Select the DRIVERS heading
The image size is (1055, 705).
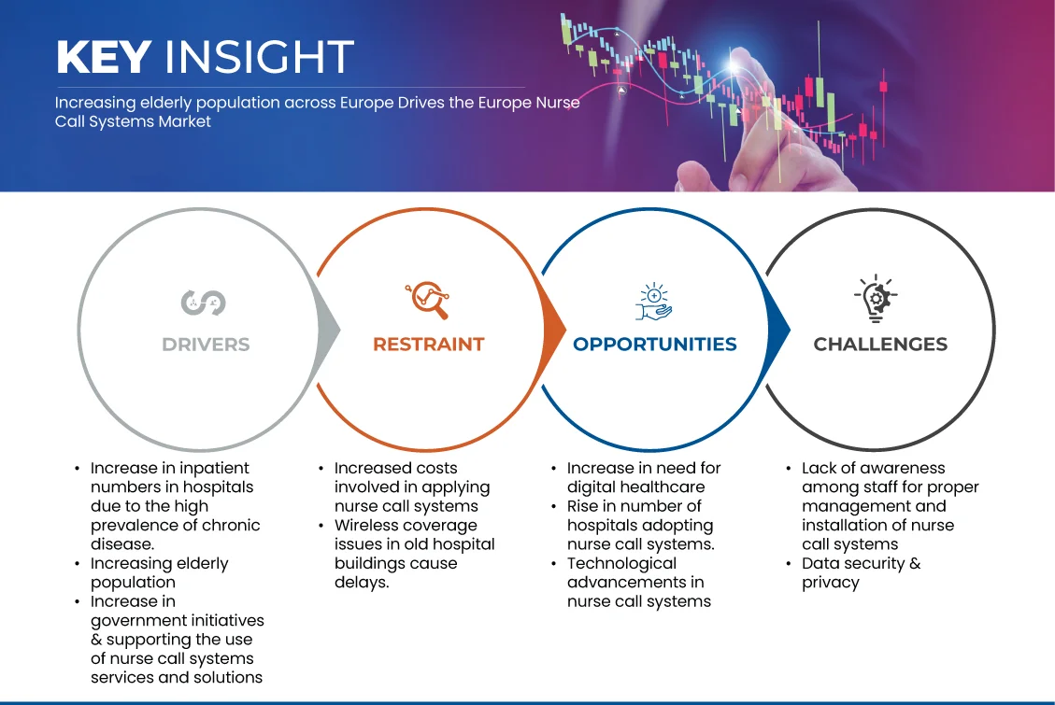[206, 345]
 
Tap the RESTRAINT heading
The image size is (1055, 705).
[429, 345]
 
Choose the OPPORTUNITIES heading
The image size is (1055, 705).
[655, 345]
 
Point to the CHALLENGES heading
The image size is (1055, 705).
[880, 345]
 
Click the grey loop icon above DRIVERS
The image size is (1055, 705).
[203, 303]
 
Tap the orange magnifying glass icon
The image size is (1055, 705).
[427, 300]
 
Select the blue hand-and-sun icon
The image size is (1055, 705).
[654, 302]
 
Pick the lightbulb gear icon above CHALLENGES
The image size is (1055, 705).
[876, 298]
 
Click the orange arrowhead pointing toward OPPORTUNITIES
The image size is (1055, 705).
[554, 330]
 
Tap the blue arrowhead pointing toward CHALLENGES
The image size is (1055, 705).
[778, 330]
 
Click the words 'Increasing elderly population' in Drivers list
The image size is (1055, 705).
[160, 572]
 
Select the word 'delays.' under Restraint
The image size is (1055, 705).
[362, 582]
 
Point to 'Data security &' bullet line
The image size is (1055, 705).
[862, 563]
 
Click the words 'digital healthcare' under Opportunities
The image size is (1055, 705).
[635, 487]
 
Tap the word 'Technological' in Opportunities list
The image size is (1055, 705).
[621, 563]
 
